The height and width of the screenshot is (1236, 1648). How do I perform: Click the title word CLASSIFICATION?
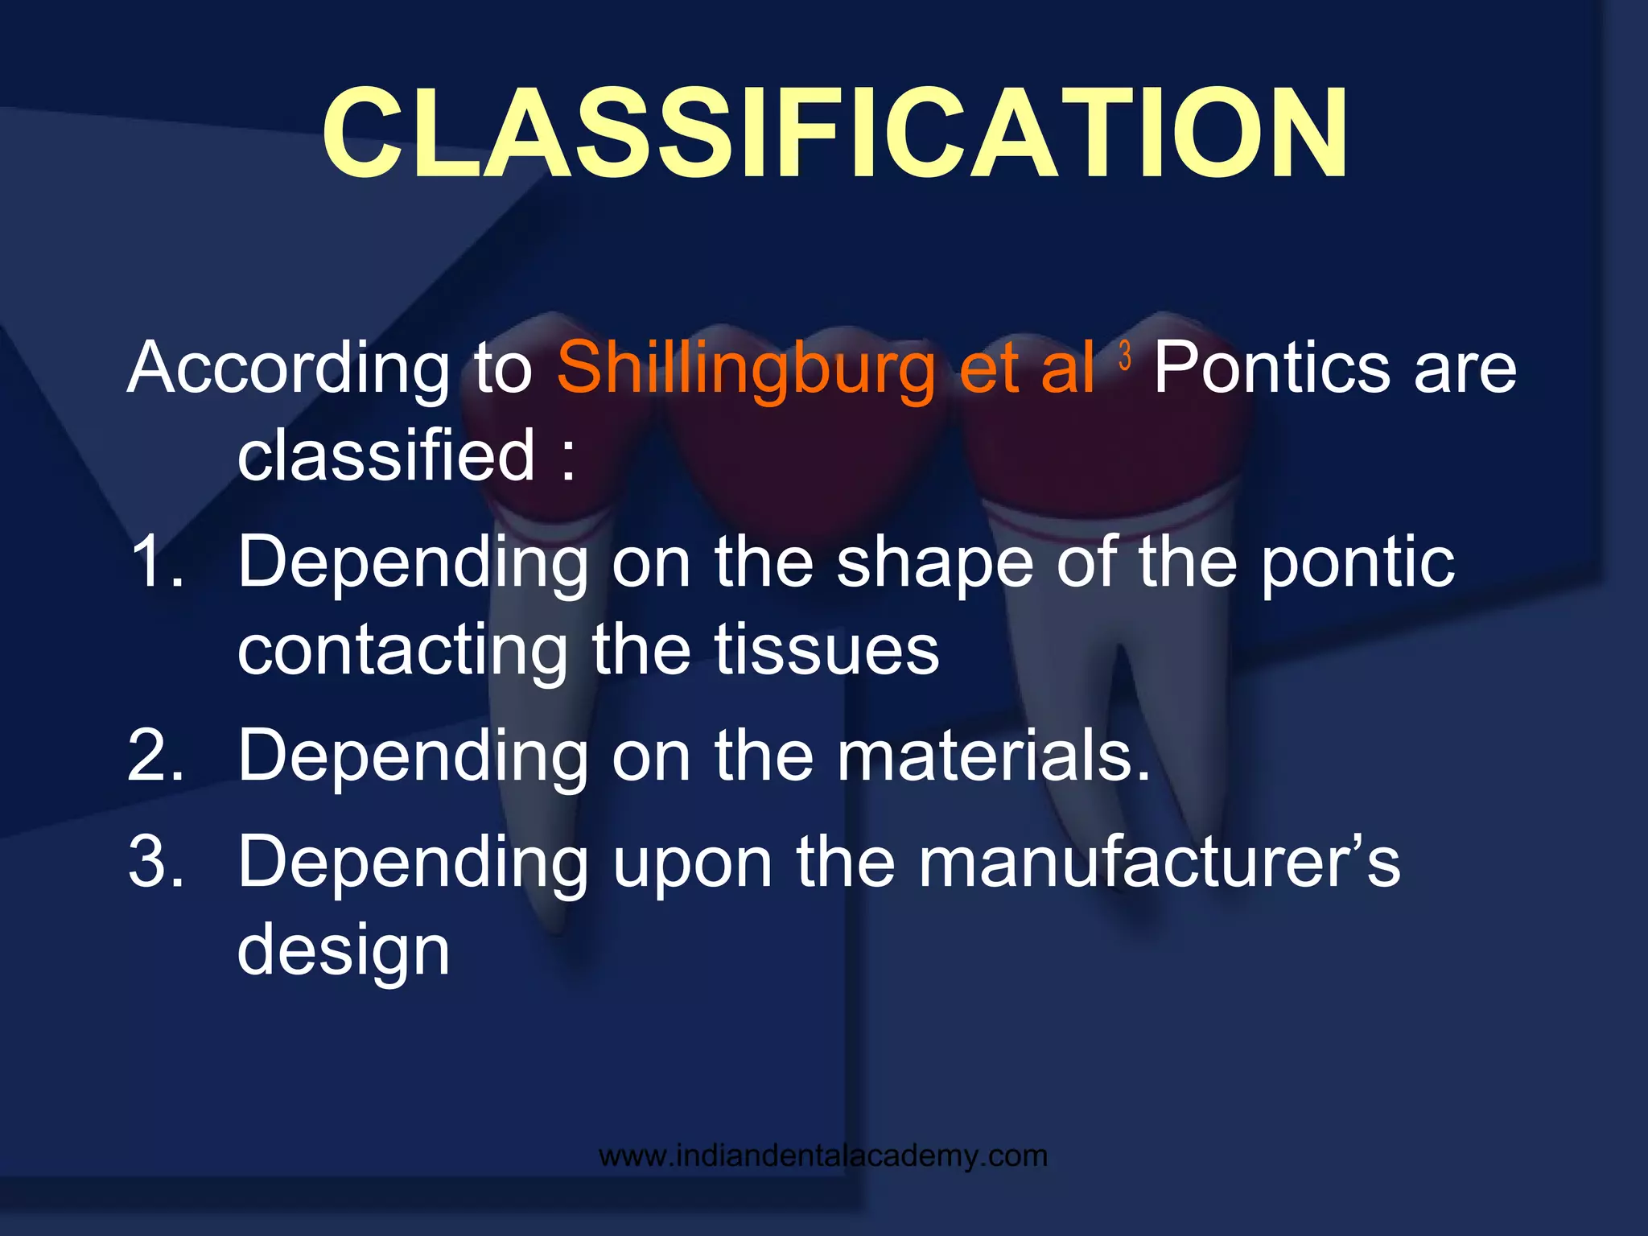tap(834, 134)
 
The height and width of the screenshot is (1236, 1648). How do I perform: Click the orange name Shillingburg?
tap(744, 369)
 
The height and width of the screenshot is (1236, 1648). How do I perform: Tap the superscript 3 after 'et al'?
tap(1125, 355)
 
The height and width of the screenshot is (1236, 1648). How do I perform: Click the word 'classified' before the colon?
tap(386, 455)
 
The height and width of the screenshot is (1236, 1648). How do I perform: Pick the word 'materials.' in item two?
tap(995, 755)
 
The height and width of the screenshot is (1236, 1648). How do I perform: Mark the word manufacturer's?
tap(1160, 861)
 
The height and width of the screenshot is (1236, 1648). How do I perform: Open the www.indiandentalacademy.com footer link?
tap(823, 1156)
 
